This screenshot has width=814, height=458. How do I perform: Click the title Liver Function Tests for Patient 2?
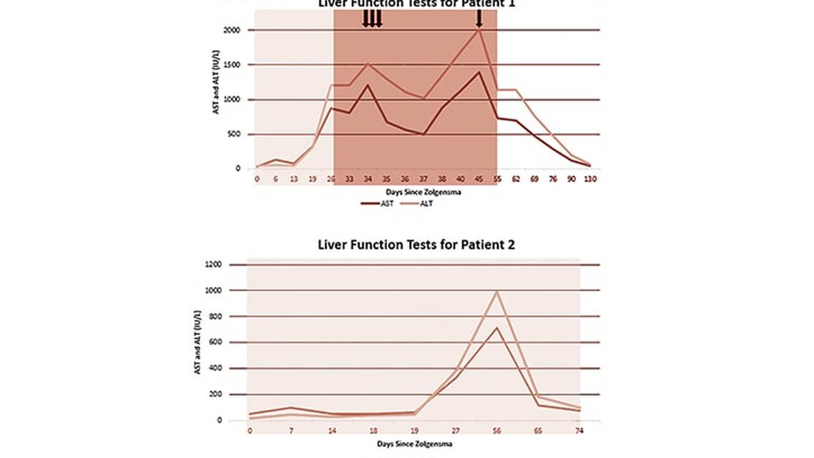coord(416,245)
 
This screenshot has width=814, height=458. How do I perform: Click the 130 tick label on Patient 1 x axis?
coord(589,179)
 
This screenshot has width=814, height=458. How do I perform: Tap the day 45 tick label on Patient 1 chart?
coord(479,179)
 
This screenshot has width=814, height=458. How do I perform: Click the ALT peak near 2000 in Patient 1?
coord(479,30)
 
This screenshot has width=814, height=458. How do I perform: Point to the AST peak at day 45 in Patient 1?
coord(479,72)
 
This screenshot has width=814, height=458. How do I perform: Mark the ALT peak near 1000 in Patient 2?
coord(496,291)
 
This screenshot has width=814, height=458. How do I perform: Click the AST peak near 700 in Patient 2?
coord(496,328)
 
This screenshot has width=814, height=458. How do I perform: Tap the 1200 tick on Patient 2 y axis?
coord(232,265)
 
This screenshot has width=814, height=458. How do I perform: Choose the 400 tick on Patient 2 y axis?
coord(234,369)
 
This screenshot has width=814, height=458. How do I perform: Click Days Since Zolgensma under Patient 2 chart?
coord(415,444)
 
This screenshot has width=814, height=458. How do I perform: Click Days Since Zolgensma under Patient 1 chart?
coord(415,192)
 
